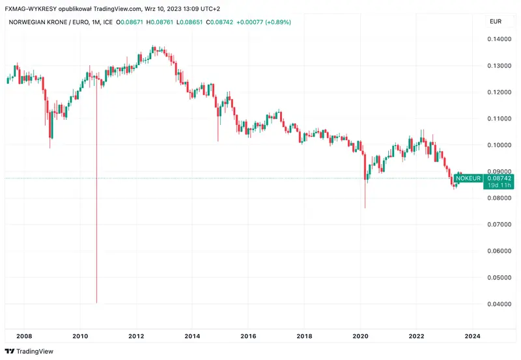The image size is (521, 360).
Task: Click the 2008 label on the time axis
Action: pos(24,336)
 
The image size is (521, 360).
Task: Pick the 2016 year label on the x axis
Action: pos(248,336)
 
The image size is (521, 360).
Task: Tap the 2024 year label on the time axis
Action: pos(473,336)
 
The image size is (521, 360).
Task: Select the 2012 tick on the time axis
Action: pos(136,336)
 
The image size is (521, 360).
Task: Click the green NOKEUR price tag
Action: pos(468,178)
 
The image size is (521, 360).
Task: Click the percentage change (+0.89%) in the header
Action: pos(275,22)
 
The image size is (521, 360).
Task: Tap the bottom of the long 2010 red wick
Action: pos(96,303)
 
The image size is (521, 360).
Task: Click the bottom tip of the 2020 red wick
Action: pos(365,208)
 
